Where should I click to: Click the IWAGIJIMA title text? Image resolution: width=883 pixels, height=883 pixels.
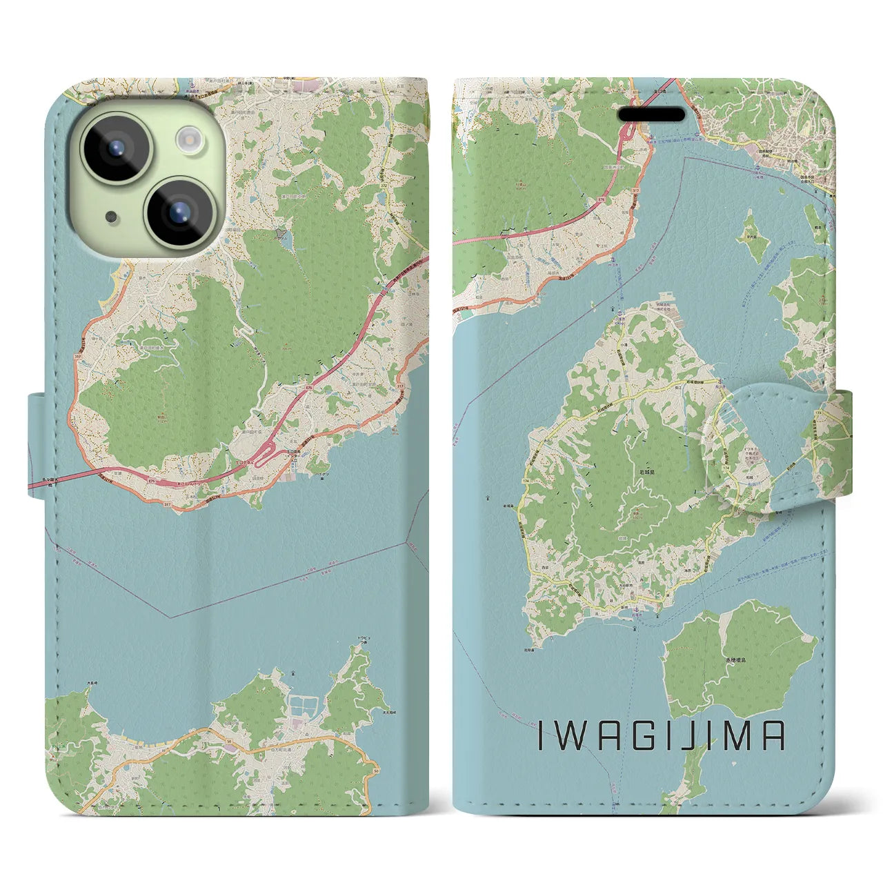[x=660, y=737]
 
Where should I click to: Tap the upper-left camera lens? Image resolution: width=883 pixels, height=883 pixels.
[x=113, y=146]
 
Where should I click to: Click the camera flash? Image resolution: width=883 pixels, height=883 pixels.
[x=188, y=139]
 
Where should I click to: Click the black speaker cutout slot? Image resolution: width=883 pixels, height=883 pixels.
[x=651, y=114]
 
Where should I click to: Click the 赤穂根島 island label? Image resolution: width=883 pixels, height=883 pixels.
[x=735, y=660]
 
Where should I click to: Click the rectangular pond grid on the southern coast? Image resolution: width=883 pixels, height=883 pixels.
[x=302, y=705]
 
